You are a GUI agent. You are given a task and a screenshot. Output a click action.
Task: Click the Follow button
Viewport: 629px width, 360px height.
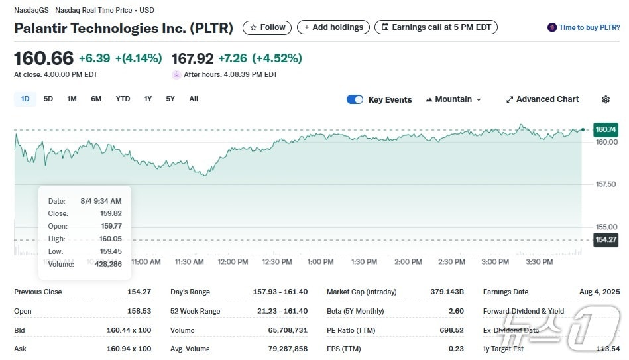coord(268,27)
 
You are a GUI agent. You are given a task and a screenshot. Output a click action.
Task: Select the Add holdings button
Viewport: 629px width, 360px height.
coord(333,27)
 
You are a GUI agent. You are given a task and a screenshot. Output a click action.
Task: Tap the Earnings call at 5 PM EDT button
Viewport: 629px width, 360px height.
coord(435,27)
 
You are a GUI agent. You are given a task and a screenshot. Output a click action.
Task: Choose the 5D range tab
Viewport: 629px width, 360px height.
coord(48,99)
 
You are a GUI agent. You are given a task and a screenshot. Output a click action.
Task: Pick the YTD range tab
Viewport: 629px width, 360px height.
coord(123,99)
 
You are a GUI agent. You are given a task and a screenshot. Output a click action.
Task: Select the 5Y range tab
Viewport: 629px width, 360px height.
coord(170,99)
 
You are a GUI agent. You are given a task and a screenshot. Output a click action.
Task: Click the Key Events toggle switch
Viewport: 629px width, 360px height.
coord(355,99)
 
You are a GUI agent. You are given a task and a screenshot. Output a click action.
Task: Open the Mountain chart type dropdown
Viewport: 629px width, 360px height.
coord(453,99)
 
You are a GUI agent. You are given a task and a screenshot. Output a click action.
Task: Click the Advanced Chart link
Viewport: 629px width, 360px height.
coord(542,99)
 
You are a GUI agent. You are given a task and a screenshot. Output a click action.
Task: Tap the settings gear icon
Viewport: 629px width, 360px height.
coord(606,99)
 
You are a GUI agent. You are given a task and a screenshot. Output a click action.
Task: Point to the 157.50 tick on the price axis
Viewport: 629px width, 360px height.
coord(606,184)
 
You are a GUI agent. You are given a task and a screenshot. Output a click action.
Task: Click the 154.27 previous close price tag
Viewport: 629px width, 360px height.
coord(606,240)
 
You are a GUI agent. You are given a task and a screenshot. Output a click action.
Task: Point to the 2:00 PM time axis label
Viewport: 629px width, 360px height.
coord(408,262)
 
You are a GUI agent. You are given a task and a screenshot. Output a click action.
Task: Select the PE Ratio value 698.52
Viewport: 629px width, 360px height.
coord(451,330)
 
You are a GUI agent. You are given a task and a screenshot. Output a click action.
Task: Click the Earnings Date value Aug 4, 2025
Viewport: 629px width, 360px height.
coord(598,292)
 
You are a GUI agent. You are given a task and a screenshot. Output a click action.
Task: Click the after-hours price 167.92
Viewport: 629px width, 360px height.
coord(192,58)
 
